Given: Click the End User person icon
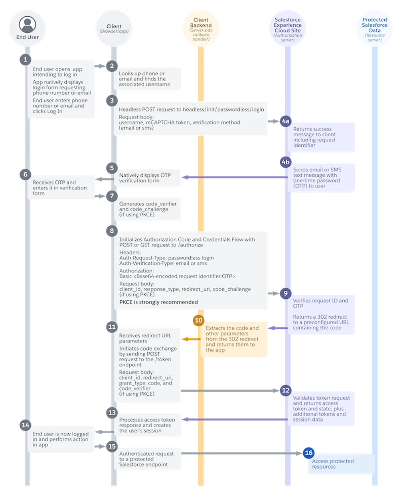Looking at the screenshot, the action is click(x=27, y=24).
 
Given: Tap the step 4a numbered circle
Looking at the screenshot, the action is click(x=286, y=121).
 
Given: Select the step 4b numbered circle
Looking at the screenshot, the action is click(x=286, y=162).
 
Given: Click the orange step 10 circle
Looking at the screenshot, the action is click(x=198, y=320).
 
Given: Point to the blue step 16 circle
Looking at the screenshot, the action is click(x=309, y=453).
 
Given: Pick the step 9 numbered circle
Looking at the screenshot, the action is click(x=286, y=293).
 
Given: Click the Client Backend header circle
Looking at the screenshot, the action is click(x=200, y=28).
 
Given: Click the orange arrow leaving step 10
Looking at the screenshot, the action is click(x=191, y=339).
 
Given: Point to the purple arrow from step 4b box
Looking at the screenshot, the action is click(x=234, y=177).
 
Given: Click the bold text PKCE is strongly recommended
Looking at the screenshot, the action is click(x=158, y=302).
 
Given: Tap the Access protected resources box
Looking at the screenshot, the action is click(x=341, y=464).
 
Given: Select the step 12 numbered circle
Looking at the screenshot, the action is click(x=286, y=390).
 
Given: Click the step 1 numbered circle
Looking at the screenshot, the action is click(x=26, y=59).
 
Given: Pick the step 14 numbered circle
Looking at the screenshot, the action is click(x=26, y=425).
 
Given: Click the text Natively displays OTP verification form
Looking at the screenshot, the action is click(x=145, y=178).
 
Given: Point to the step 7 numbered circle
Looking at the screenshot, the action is click(x=112, y=196).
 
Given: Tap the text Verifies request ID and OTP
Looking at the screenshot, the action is click(x=320, y=303).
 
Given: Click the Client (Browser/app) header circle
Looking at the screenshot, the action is click(x=114, y=28).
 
